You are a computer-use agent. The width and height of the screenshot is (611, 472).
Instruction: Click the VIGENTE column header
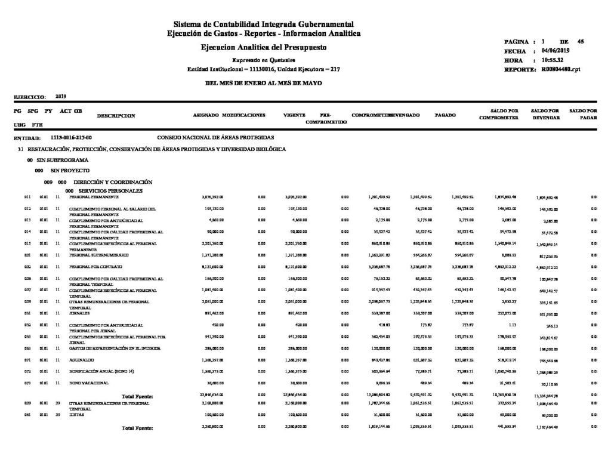(294, 115)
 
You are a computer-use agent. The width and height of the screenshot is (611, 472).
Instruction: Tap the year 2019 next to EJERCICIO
(60, 95)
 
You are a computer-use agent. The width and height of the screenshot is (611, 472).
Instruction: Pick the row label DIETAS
(76, 414)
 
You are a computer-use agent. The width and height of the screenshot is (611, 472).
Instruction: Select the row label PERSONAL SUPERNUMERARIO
(94, 255)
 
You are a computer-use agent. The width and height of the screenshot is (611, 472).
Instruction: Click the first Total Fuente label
(138, 396)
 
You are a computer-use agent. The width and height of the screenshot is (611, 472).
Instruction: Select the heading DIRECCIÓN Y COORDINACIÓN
(105, 181)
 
